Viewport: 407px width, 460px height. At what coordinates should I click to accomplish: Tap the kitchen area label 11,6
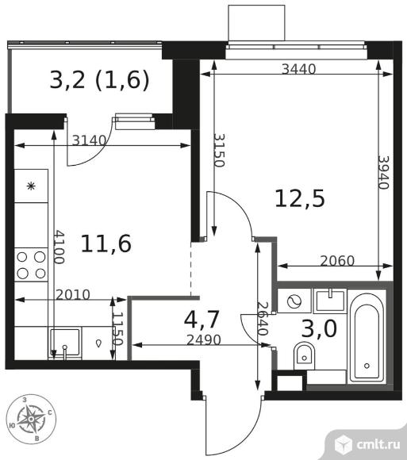pyautogui.click(x=106, y=243)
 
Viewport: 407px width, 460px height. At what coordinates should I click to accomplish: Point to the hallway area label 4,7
pyautogui.click(x=201, y=321)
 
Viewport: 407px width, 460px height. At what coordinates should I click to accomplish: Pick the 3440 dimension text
pyautogui.click(x=298, y=69)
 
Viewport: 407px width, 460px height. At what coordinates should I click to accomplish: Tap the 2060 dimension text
pyautogui.click(x=337, y=260)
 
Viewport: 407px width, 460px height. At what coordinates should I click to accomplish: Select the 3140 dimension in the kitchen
pyautogui.click(x=90, y=141)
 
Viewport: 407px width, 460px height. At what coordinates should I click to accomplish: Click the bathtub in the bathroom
pyautogui.click(x=367, y=336)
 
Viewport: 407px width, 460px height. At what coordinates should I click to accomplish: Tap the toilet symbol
pyautogui.click(x=305, y=355)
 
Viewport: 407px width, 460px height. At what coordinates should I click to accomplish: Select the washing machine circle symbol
pyautogui.click(x=295, y=301)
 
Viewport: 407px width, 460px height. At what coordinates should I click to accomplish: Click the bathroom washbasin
pyautogui.click(x=328, y=300)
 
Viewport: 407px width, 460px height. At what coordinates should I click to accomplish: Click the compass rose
pyautogui.click(x=31, y=417)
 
